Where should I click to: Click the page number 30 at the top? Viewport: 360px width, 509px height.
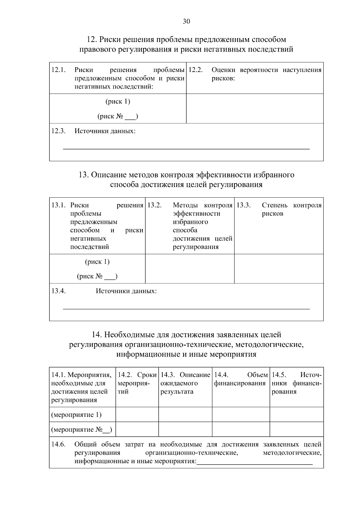(x=186, y=21)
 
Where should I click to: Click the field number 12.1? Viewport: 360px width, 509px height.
(x=58, y=70)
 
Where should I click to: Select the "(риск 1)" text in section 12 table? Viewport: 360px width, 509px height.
(x=118, y=101)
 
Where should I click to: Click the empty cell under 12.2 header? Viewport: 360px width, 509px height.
(x=255, y=109)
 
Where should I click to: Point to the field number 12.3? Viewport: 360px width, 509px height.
(x=58, y=131)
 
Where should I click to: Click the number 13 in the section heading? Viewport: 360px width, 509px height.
(x=82, y=175)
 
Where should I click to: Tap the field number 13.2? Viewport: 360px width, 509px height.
(x=154, y=205)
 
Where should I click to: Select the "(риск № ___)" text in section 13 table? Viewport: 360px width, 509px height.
(x=97, y=276)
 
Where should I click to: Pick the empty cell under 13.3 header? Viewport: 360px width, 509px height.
(x=279, y=269)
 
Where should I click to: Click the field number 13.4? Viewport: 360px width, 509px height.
(x=58, y=291)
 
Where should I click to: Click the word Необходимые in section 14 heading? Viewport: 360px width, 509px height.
(x=129, y=334)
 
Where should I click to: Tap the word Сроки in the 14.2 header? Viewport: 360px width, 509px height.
(x=147, y=375)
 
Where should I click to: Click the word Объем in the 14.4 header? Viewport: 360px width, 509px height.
(x=257, y=375)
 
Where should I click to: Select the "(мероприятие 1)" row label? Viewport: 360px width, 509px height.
(x=76, y=415)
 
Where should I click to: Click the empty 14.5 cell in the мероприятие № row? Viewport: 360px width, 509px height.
(x=296, y=429)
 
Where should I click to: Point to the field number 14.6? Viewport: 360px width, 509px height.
(x=58, y=444)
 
